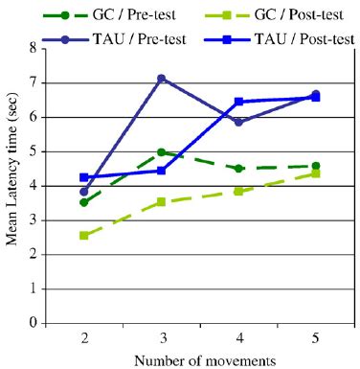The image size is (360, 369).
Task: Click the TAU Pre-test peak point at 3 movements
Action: (x=162, y=78)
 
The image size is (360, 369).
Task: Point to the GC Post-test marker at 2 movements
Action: (x=84, y=235)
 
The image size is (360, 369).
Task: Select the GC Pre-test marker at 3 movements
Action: (x=162, y=152)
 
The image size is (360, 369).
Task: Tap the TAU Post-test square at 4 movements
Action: (x=238, y=102)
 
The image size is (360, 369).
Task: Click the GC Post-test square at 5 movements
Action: (x=315, y=173)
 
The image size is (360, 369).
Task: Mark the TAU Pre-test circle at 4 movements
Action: (x=238, y=122)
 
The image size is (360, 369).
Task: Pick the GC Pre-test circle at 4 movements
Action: (x=238, y=169)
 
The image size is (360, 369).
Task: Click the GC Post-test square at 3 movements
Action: (x=162, y=201)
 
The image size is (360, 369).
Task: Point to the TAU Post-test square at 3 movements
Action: (x=162, y=171)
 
